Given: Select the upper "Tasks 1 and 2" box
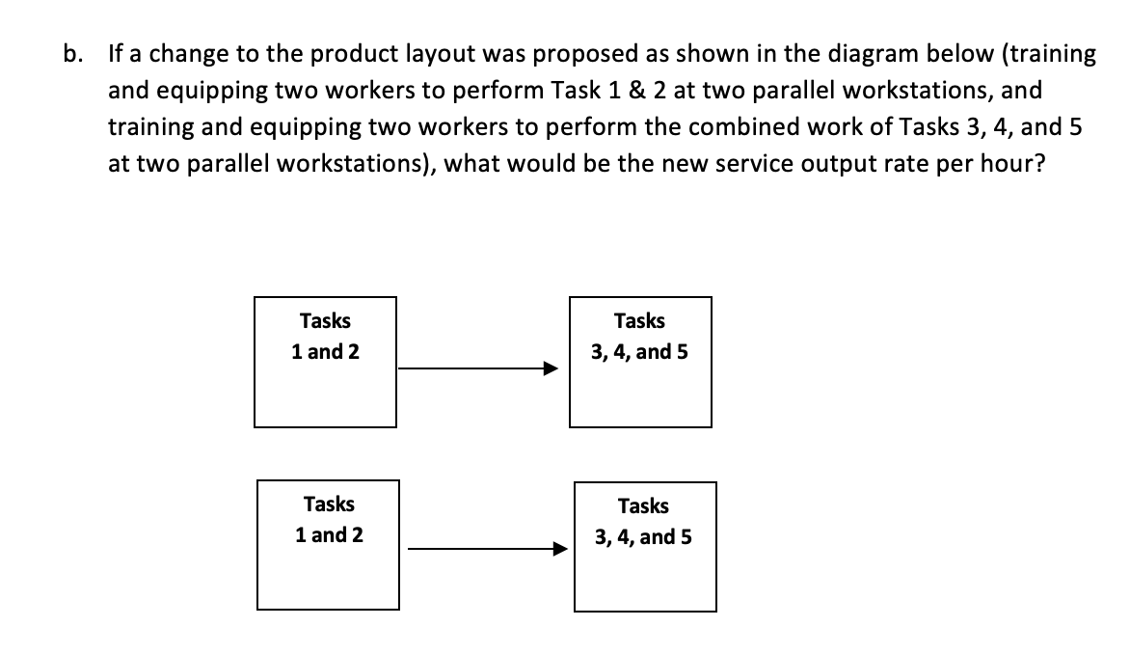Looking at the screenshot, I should pyautogui.click(x=325, y=362).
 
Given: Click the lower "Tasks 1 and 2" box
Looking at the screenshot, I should pyautogui.click(x=328, y=545).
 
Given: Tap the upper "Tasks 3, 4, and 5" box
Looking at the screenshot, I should pyautogui.click(x=640, y=362).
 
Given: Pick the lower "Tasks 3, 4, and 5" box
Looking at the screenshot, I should pyautogui.click(x=644, y=546).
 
